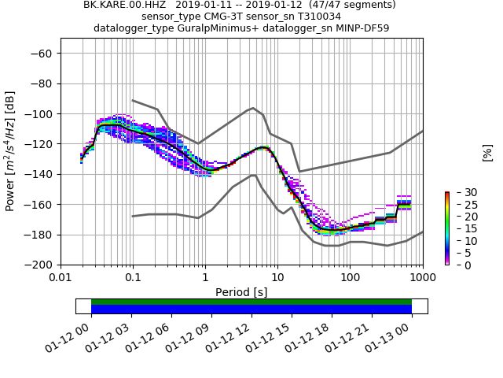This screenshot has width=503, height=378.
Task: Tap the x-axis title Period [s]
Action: tap(241, 292)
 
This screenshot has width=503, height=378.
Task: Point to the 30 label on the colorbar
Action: tap(461, 193)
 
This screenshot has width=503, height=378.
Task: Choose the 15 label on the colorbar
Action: tap(461, 229)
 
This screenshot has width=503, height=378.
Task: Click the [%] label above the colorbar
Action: tap(487, 152)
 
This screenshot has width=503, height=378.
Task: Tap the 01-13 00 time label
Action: tap(396, 335)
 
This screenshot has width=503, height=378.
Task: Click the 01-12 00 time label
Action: tap(75, 335)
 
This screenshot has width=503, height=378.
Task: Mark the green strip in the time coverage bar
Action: tap(251, 302)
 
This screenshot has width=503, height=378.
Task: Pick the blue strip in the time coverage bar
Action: tap(251, 309)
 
